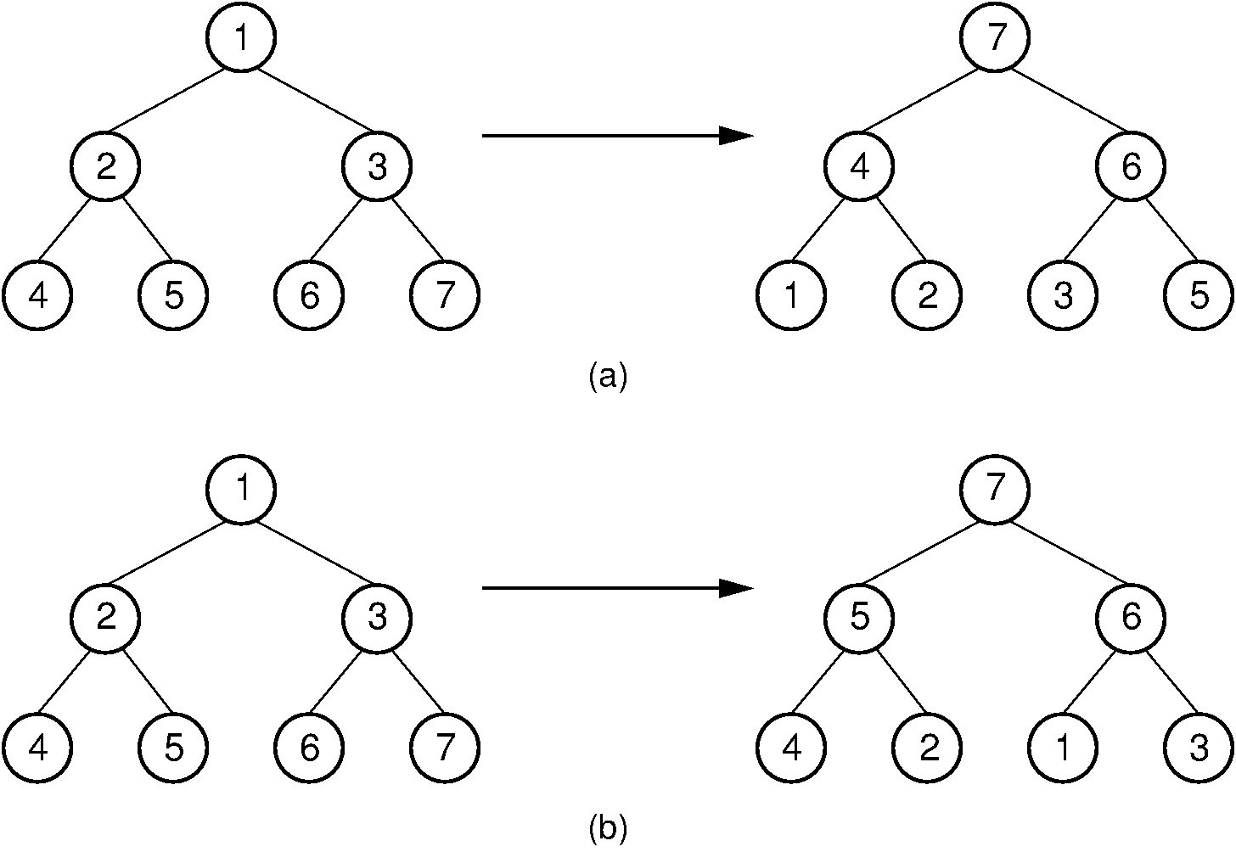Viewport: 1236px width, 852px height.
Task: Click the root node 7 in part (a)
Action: [995, 38]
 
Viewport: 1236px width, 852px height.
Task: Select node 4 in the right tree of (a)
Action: [859, 166]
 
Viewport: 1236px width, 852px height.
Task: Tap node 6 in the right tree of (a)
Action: [1131, 166]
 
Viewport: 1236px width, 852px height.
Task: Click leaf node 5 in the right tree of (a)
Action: [1199, 295]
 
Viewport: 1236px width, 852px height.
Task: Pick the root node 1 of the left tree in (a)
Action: [241, 38]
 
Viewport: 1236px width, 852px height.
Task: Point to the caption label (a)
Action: [607, 375]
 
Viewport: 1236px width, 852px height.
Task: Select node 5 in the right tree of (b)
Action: [859, 618]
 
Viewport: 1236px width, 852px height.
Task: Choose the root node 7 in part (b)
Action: [995, 490]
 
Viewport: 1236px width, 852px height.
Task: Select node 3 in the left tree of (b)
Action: [377, 618]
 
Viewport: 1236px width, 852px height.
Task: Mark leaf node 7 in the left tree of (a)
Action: [445, 295]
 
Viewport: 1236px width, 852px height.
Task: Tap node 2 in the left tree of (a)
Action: [105, 166]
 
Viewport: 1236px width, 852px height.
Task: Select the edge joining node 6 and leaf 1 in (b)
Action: [1097, 682]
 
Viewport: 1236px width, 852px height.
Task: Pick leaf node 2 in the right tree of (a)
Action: [927, 295]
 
